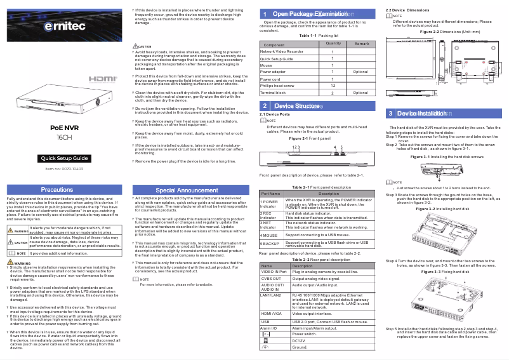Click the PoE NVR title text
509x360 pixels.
tap(65, 128)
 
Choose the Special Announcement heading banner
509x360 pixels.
tap(192, 190)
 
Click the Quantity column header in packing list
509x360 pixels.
tap(333, 43)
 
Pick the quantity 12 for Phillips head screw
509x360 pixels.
tap(333, 85)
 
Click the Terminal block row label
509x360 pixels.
tap(274, 93)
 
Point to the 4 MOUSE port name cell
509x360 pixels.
tap(269, 235)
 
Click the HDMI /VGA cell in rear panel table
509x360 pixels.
tap(272, 314)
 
